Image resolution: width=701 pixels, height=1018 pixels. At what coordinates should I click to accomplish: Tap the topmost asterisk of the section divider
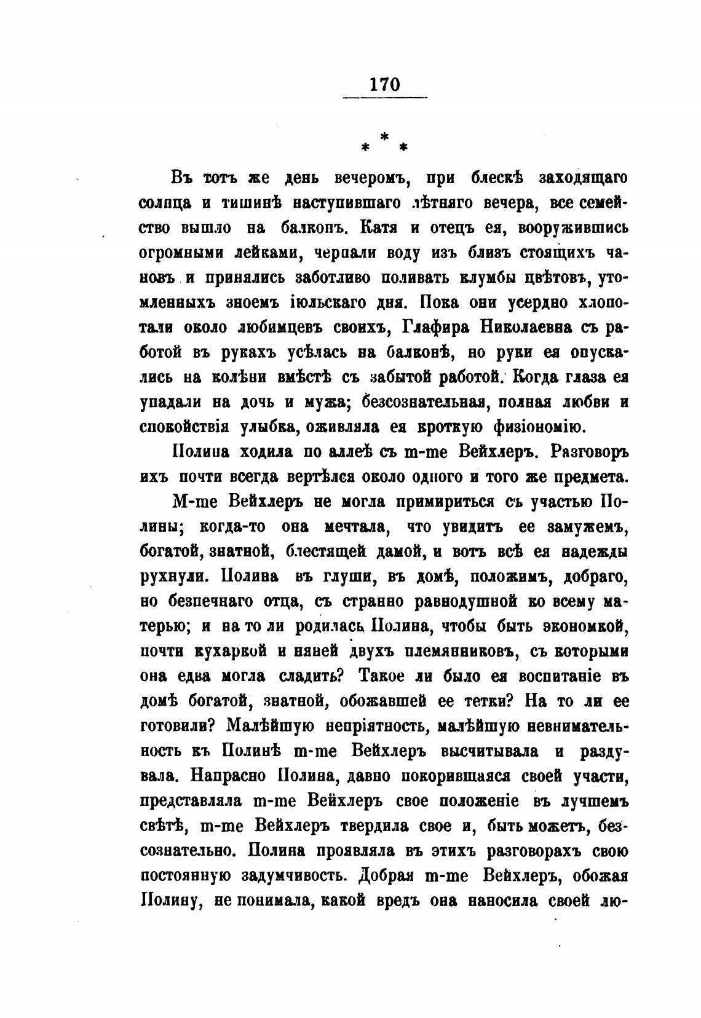[x=385, y=136]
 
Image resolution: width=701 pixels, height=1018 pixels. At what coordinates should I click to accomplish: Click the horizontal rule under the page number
[x=385, y=97]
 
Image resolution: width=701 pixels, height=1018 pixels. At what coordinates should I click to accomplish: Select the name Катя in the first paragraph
[x=379, y=228]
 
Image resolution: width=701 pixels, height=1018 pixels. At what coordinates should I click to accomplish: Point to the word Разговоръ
[x=588, y=452]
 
